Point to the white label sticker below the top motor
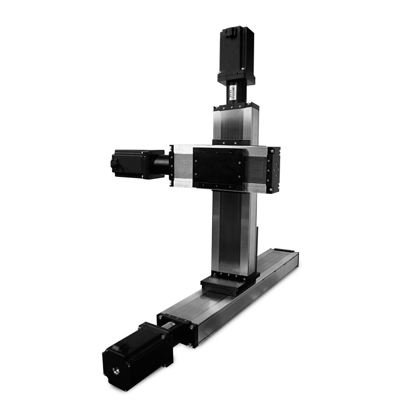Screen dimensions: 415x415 [x=232, y=94]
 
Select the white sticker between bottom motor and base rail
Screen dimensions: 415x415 [x=169, y=326]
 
